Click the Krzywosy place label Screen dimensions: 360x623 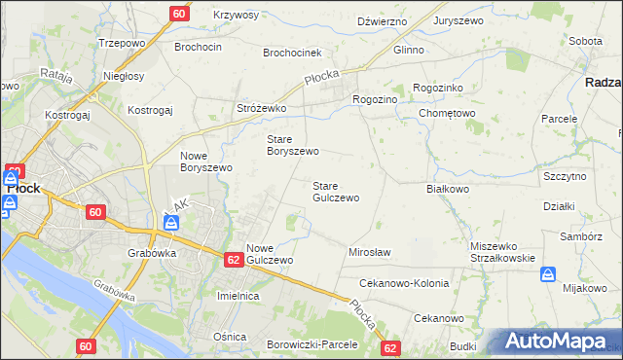click(236, 16)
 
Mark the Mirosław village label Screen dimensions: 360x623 click(369, 252)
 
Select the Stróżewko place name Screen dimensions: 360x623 click(261, 108)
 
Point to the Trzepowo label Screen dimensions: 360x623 click(122, 44)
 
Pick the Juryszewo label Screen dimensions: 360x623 click(461, 20)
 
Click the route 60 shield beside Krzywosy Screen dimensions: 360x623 click(178, 14)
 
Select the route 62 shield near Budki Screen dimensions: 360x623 click(390, 347)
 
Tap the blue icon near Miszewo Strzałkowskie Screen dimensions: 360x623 click(547, 275)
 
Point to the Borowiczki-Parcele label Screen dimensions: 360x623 click(312, 344)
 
